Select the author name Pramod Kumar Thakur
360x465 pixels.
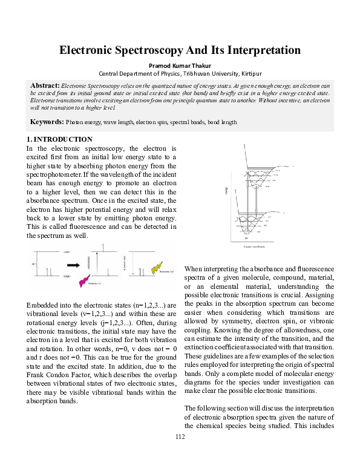180,65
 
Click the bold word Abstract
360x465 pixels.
44,85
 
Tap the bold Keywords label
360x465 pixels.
47,122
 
